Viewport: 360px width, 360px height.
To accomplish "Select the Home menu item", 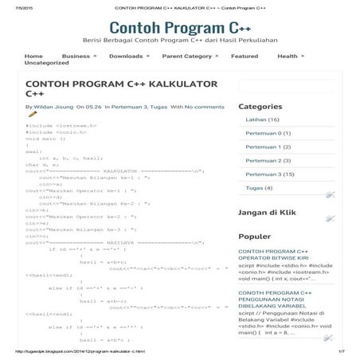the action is [x=33, y=57].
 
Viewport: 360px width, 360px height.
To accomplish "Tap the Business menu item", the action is [x=76, y=57].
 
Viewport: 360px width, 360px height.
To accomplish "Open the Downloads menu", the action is [x=126, y=57].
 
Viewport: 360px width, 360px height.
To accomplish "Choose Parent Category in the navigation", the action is [x=186, y=57].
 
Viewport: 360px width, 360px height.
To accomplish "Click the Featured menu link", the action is [x=245, y=57].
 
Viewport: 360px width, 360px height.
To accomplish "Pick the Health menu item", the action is [x=288, y=57].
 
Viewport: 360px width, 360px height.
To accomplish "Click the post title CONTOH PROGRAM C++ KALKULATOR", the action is [x=112, y=88].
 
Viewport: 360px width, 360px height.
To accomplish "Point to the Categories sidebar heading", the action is [x=260, y=106].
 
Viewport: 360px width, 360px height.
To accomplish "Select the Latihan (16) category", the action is [x=262, y=119].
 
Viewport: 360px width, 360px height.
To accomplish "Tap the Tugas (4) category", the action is [x=259, y=188].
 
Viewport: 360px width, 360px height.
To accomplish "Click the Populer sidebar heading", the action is [x=254, y=236].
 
